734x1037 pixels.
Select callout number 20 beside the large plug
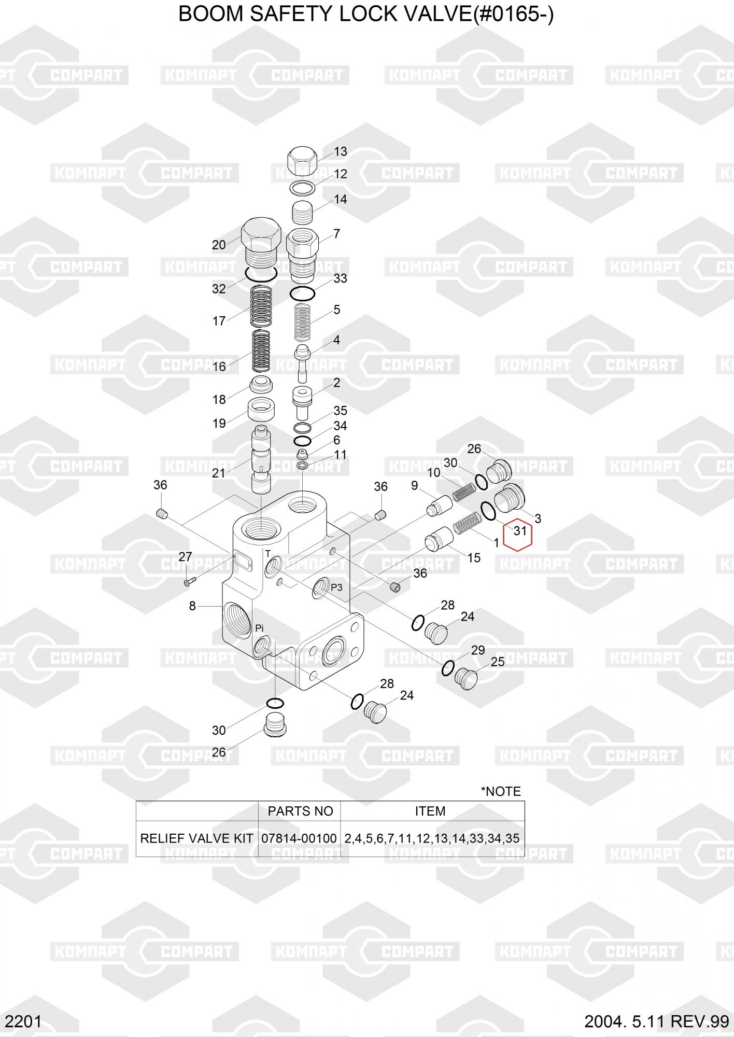tap(219, 245)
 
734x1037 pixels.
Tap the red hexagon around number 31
tap(517, 534)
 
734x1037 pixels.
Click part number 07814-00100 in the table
tap(299, 838)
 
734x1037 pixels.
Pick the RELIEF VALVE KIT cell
tap(197, 838)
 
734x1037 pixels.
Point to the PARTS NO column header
tap(300, 811)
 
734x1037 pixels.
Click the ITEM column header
tap(430, 811)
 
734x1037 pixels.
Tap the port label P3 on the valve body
tap(336, 587)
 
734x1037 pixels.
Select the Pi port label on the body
tap(259, 628)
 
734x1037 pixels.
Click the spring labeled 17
tap(261, 302)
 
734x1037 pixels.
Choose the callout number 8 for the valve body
tap(192, 606)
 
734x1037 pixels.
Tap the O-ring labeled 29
tap(448, 669)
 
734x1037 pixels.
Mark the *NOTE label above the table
tap(501, 791)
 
